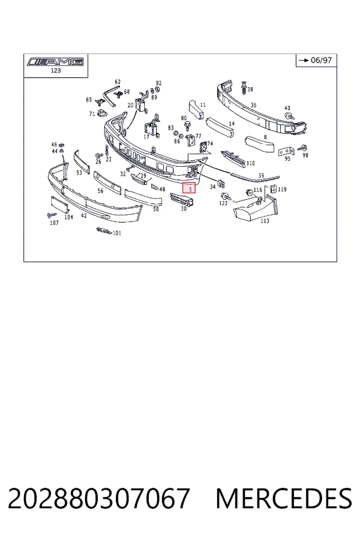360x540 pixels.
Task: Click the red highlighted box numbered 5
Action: coord(189,188)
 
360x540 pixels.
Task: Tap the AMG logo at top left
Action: coord(55,62)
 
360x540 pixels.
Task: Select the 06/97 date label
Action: coord(321,60)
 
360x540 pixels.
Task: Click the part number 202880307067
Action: coord(98,498)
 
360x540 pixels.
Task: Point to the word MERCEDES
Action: coord(284,498)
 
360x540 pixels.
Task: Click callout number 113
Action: coord(265,221)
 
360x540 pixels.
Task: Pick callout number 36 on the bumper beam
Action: coord(254,105)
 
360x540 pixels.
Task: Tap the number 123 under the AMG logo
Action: coord(55,70)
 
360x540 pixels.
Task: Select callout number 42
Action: coord(84,215)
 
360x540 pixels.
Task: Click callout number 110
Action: coord(250,163)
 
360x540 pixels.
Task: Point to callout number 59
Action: coord(261,176)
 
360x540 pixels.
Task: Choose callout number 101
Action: coord(117,233)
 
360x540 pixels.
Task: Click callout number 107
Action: coord(55,223)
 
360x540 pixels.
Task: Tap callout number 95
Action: coord(287,158)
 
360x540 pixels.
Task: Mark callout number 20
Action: coord(130,105)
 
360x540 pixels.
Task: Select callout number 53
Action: coord(79,173)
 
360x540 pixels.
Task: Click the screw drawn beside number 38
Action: coord(244,86)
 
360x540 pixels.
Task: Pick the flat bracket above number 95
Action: coord(286,151)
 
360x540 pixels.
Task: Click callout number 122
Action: coord(223,203)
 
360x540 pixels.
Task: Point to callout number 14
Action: coord(232,124)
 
